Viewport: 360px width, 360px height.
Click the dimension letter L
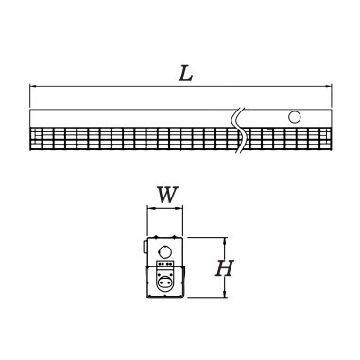[x=185, y=75]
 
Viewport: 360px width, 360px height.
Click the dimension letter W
[x=166, y=197]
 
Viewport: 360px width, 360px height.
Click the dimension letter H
[x=224, y=267]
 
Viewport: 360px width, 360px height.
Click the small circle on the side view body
[x=294, y=118]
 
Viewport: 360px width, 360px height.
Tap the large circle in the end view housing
[x=166, y=252]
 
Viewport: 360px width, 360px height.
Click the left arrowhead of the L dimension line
[x=33, y=88]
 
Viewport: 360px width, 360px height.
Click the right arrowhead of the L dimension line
[x=331, y=88]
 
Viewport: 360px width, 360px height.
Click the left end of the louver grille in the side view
[x=33, y=139]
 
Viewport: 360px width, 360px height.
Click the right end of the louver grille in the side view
[x=331, y=139]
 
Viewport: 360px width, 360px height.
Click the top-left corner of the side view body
[x=30, y=109]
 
